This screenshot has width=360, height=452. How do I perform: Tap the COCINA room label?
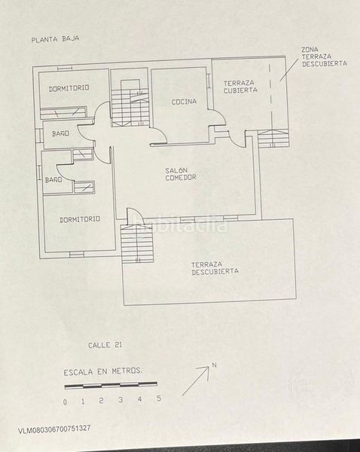coord(184,101)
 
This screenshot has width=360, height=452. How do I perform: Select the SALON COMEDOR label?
coord(181,174)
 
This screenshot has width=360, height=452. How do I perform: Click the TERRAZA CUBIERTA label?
coord(240,86)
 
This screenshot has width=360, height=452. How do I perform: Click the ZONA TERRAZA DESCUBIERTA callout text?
coord(324,57)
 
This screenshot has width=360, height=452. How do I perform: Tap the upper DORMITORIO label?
coord(69,88)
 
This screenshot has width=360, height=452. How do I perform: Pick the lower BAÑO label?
coord(53,180)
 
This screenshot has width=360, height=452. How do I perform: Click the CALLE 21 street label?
coord(105,345)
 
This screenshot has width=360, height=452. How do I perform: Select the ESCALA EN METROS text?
coord(102,371)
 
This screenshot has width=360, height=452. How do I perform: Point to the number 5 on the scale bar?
coord(158,399)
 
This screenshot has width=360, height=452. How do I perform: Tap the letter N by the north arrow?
coord(215,365)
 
